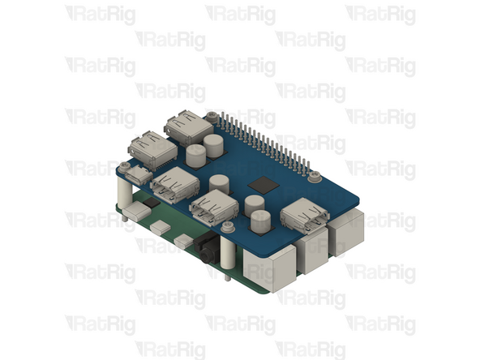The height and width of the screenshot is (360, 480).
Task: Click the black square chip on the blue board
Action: tap(264, 185)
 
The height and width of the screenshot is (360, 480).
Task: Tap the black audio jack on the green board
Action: tap(207, 248)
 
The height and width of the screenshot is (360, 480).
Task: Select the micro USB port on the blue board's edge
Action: tap(139, 175)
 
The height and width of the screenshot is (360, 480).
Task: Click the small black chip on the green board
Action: tap(152, 203)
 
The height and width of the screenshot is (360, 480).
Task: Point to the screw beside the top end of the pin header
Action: tap(212, 116)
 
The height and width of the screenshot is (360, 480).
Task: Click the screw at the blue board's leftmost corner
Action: tap(124, 166)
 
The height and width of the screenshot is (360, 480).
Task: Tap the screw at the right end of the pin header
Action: tap(314, 176)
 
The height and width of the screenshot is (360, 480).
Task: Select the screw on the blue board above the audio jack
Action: tap(228, 226)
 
